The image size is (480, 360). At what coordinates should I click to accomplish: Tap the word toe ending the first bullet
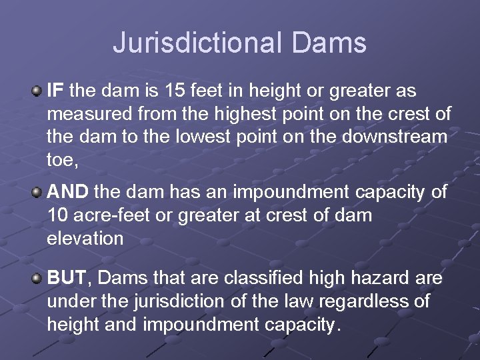coord(60,159)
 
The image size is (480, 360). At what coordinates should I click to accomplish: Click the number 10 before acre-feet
coord(57,216)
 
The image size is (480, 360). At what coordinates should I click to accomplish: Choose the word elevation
coord(85,239)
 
